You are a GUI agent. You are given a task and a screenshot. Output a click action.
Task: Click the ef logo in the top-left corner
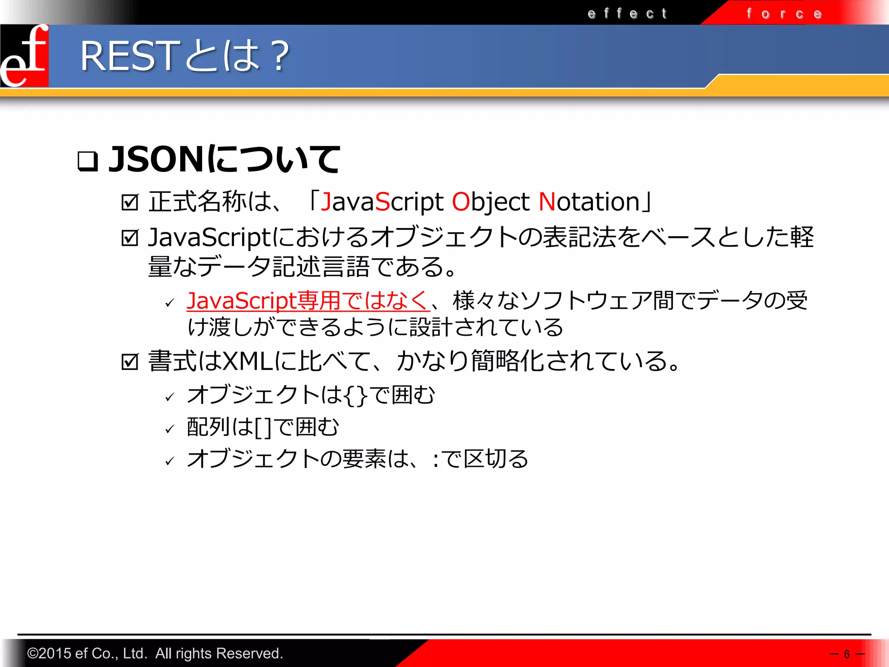coord(24,56)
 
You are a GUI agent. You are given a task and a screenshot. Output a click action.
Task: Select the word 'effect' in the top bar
coord(627,13)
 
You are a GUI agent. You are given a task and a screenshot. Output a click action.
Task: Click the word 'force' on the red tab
coord(784,14)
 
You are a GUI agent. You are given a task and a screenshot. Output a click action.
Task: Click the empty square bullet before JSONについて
coord(87,161)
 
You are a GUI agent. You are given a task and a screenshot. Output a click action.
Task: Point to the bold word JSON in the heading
coord(156,159)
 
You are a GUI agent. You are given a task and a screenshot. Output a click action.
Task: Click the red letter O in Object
coord(461,202)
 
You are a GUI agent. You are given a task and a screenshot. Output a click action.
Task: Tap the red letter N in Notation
coord(547,202)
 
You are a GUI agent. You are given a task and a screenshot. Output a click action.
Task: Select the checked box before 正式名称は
coord(130,202)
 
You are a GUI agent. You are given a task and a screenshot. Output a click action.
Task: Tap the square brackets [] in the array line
coord(263,427)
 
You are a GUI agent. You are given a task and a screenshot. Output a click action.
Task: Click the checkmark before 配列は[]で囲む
coord(170,429)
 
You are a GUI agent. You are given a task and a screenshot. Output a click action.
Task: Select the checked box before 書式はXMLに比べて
coord(130,361)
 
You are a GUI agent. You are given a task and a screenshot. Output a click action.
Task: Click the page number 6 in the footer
coord(846,654)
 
